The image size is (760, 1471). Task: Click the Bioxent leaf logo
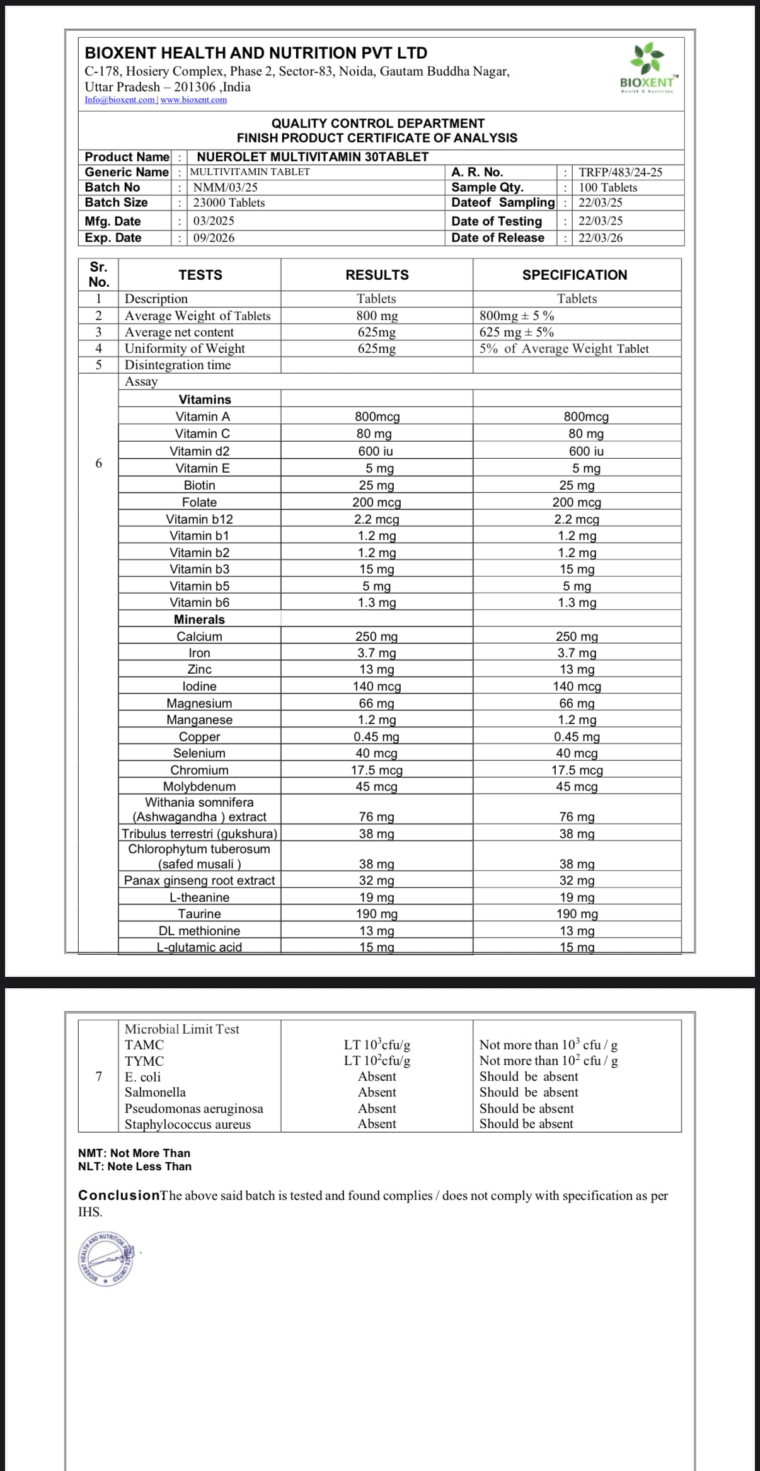(x=648, y=62)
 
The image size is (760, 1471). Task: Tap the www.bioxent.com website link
(x=193, y=100)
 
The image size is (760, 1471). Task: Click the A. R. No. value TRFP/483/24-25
(x=620, y=172)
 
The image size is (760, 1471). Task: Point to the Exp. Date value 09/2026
(x=214, y=238)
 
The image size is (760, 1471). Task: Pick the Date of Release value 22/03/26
(x=601, y=238)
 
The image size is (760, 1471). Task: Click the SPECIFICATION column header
(x=574, y=275)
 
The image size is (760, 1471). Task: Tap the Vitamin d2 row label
(x=199, y=451)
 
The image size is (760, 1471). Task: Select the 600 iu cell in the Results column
(x=376, y=451)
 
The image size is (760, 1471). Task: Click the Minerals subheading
(x=199, y=620)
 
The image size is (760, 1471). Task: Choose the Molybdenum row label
(x=199, y=787)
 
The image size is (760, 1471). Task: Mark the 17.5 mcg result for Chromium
(x=376, y=770)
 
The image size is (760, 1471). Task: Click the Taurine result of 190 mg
(x=376, y=914)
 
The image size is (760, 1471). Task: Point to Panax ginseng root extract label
(x=199, y=880)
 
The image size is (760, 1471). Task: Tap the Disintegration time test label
(x=178, y=365)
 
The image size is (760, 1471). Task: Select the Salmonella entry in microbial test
(x=155, y=1092)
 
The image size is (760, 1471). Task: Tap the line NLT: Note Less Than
(x=135, y=1167)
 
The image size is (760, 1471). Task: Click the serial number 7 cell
(x=98, y=1076)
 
